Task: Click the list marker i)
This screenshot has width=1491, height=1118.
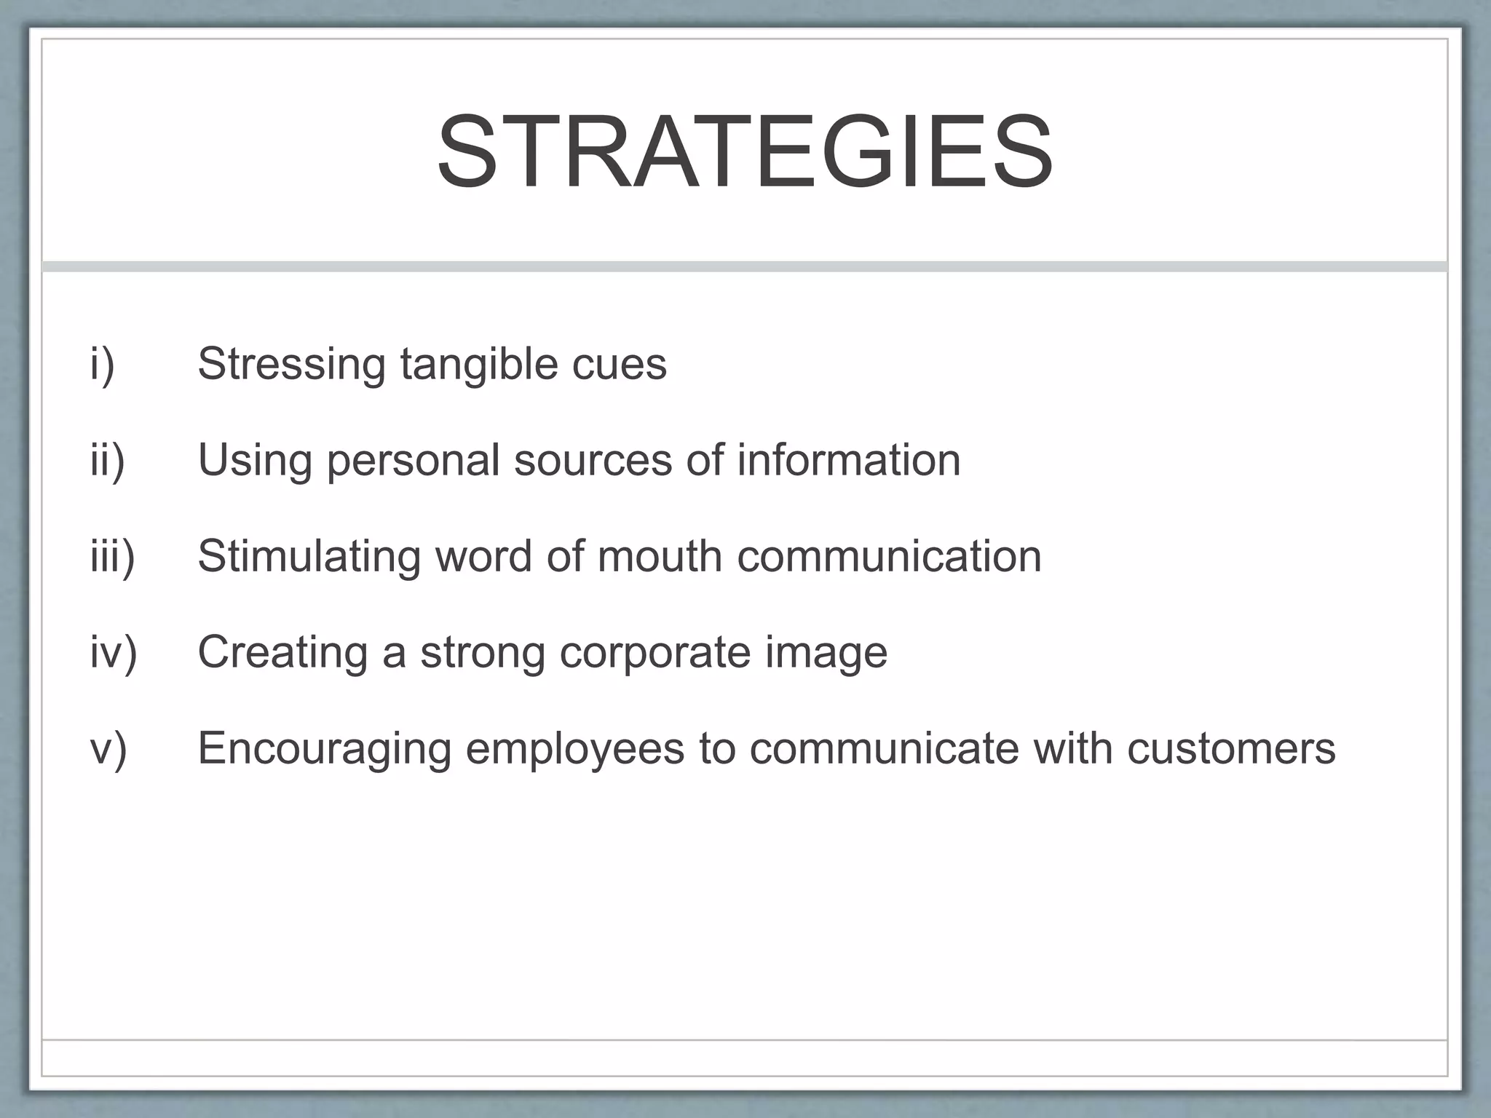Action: (103, 364)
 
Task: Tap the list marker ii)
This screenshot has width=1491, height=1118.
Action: (108, 460)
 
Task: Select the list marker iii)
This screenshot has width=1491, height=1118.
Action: (113, 556)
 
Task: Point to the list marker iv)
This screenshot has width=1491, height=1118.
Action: (114, 652)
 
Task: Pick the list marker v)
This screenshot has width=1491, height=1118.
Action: (108, 748)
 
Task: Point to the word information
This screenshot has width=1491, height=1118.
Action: (848, 460)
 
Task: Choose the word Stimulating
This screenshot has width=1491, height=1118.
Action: (309, 556)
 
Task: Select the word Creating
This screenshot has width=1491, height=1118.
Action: (282, 652)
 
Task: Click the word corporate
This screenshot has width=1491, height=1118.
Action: (654, 652)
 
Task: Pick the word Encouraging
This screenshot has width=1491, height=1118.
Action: (325, 748)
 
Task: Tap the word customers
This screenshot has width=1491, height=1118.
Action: (1231, 748)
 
